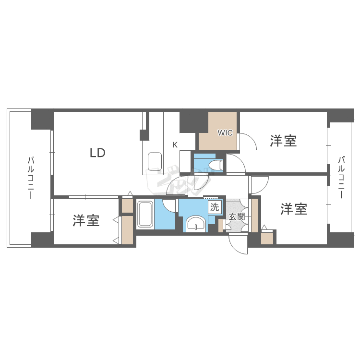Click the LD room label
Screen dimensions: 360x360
click(97, 153)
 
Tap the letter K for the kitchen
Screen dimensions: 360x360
click(175, 144)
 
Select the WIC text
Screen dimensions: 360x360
click(225, 132)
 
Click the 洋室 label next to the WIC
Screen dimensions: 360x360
click(283, 141)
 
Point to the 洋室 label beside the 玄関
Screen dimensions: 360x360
click(294, 209)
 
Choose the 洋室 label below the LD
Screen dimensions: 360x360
click(86, 221)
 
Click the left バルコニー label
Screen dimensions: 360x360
click(30, 178)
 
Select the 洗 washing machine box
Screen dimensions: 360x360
click(214, 207)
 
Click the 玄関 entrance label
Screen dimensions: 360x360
click(237, 216)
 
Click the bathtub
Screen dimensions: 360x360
click(145, 215)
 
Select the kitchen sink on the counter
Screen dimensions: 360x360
click(155, 161)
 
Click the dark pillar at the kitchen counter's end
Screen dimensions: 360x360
click(144, 135)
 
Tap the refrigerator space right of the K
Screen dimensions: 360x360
click(185, 161)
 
